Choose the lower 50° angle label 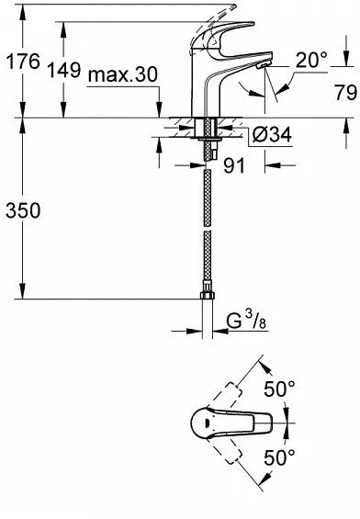[x=281, y=456]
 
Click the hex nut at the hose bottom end [x=206, y=299]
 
